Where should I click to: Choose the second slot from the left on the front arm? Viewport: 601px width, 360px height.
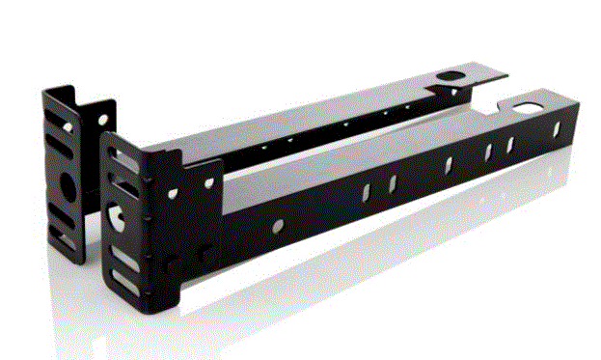(x=393, y=182)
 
